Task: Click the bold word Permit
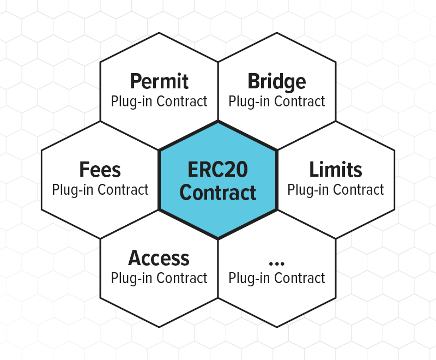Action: pyautogui.click(x=159, y=81)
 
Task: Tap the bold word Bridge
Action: pyautogui.click(x=277, y=82)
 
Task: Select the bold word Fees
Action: pyautogui.click(x=100, y=170)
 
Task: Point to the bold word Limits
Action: pyautogui.click(x=336, y=169)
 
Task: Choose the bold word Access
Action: pyautogui.click(x=159, y=258)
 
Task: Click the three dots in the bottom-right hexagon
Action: pyautogui.click(x=277, y=263)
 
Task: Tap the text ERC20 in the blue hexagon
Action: pyautogui.click(x=217, y=170)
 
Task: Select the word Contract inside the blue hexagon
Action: pyautogui.click(x=217, y=193)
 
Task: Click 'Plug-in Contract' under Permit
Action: pyautogui.click(x=159, y=101)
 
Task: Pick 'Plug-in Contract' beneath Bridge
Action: pyautogui.click(x=277, y=101)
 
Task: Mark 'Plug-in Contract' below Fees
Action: pyautogui.click(x=100, y=190)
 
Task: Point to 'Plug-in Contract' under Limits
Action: pyautogui.click(x=336, y=190)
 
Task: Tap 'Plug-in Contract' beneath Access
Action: pyautogui.click(x=159, y=278)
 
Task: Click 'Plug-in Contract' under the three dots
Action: pyautogui.click(x=277, y=278)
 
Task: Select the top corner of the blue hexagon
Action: pyautogui.click(x=218, y=121)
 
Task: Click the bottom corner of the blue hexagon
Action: pyautogui.click(x=218, y=239)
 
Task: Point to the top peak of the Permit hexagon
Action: pyautogui.click(x=159, y=33)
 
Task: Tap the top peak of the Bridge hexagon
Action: pyautogui.click(x=277, y=33)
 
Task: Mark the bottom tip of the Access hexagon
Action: pyautogui.click(x=159, y=327)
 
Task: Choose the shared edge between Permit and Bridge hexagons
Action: pyautogui.click(x=219, y=91)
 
